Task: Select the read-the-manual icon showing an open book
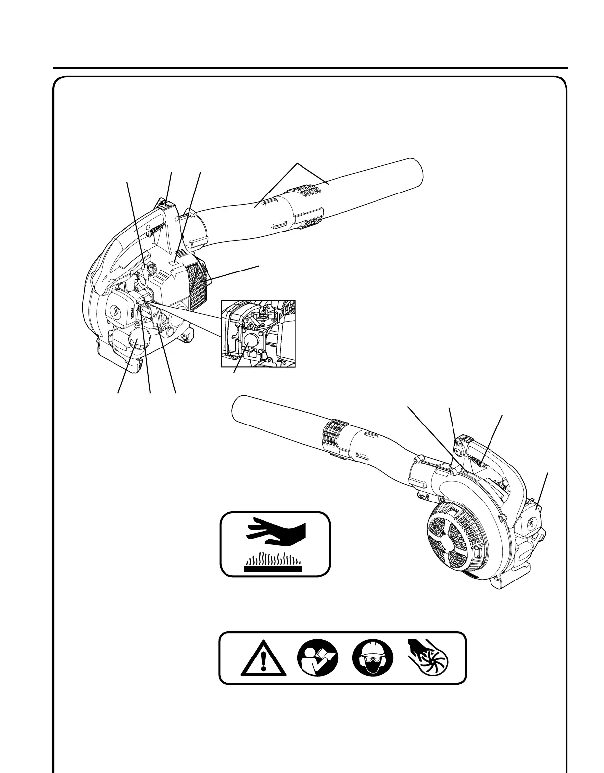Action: pyautogui.click(x=317, y=657)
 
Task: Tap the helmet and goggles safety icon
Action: pyautogui.click(x=373, y=657)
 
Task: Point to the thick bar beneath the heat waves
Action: pyautogui.click(x=273, y=568)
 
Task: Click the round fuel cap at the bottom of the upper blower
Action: pyautogui.click(x=126, y=342)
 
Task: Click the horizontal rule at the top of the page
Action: pyautogui.click(x=311, y=68)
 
